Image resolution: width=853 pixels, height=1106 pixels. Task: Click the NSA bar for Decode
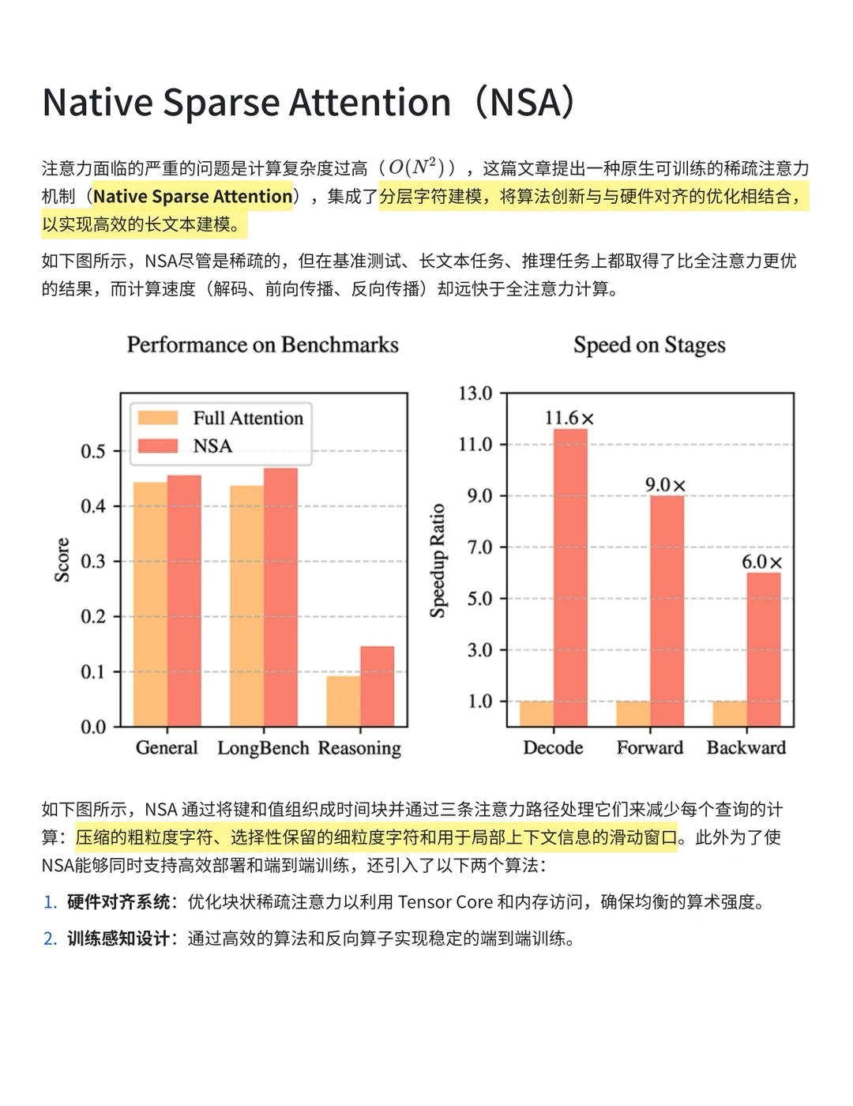[x=570, y=577]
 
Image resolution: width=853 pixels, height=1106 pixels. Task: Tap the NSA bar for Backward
[x=763, y=649]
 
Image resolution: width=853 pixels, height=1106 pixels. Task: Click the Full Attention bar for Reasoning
[x=344, y=701]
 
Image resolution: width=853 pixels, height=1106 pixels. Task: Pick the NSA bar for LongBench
[x=280, y=597]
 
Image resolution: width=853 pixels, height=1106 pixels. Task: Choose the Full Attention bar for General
[x=150, y=604]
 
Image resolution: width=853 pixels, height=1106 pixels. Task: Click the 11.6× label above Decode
[x=569, y=418]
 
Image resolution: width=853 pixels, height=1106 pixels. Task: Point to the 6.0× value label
[x=761, y=562]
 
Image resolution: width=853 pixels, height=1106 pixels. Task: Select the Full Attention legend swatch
[x=157, y=418]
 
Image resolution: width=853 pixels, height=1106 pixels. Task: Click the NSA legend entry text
[x=212, y=446]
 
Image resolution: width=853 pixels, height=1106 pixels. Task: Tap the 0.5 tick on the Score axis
[x=92, y=451]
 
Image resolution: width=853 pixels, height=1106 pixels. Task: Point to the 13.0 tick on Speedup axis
[x=475, y=393]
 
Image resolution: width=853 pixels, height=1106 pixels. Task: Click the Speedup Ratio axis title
[x=438, y=560]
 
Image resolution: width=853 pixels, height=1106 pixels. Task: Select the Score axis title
[x=62, y=560]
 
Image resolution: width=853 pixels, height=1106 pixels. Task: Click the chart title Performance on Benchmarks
[x=262, y=344]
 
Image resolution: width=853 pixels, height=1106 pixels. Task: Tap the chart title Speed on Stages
[x=649, y=344]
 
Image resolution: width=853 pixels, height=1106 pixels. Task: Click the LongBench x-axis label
[x=263, y=747]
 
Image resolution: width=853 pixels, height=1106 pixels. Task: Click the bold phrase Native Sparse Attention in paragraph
[x=193, y=196]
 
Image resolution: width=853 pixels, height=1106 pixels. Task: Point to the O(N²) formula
[x=411, y=167]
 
